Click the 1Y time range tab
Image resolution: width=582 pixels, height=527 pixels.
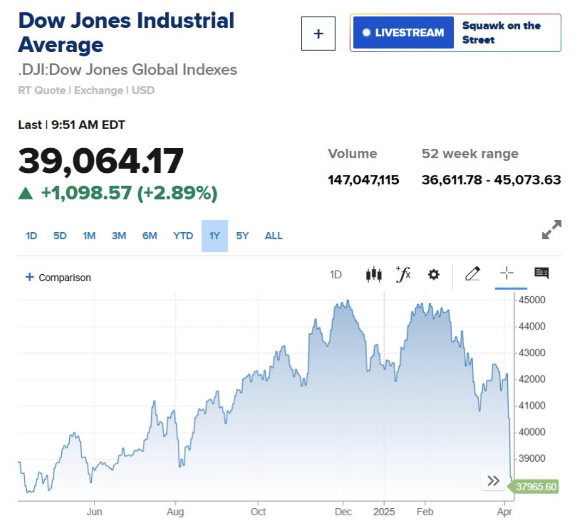[214, 236]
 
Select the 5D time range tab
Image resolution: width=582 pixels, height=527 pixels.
[60, 236]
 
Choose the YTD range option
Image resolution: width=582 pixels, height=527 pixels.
[183, 236]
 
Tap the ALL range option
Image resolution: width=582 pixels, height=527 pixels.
[274, 236]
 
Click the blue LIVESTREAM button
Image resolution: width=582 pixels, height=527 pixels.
[403, 33]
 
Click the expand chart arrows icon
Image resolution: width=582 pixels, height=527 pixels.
[551, 230]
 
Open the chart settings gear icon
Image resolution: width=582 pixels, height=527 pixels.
[433, 274]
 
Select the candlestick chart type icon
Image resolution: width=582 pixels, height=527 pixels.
[374, 274]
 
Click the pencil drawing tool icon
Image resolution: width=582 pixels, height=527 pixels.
[472, 273]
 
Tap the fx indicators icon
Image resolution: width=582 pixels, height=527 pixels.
[403, 274]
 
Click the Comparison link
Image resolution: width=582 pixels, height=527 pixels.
[59, 277]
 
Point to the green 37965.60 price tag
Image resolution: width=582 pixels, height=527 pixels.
[536, 486]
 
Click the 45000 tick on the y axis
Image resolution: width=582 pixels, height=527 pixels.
[531, 300]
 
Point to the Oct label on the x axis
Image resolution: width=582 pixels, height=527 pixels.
[258, 512]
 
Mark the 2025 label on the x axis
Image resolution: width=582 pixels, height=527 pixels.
[384, 512]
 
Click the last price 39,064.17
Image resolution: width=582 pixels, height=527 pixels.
[101, 161]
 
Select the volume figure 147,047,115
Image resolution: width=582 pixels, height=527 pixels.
[363, 180]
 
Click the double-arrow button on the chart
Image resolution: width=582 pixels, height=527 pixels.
[493, 481]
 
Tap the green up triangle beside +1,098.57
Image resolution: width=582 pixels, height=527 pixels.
[26, 193]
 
